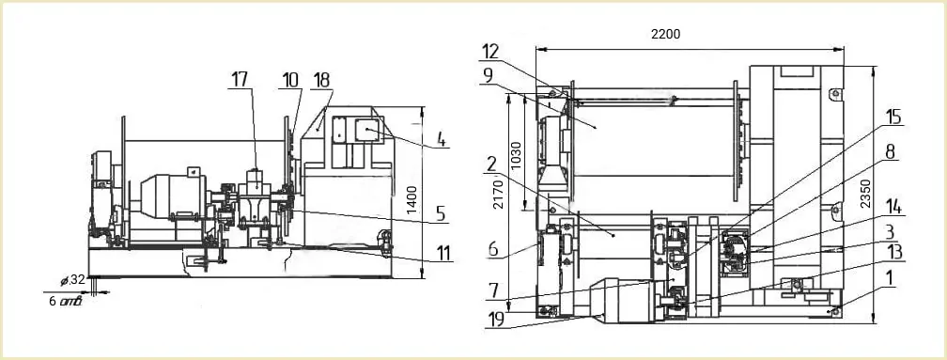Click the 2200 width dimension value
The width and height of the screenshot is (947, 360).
[665, 35]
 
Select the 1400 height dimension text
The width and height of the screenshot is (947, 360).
[411, 201]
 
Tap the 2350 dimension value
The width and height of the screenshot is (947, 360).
[882, 194]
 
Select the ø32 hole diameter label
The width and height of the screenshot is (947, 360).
[72, 280]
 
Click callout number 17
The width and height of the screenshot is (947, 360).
[241, 80]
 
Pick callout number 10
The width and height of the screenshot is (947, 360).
[290, 80]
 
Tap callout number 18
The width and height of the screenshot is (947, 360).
[322, 80]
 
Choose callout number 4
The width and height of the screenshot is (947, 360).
[442, 140]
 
